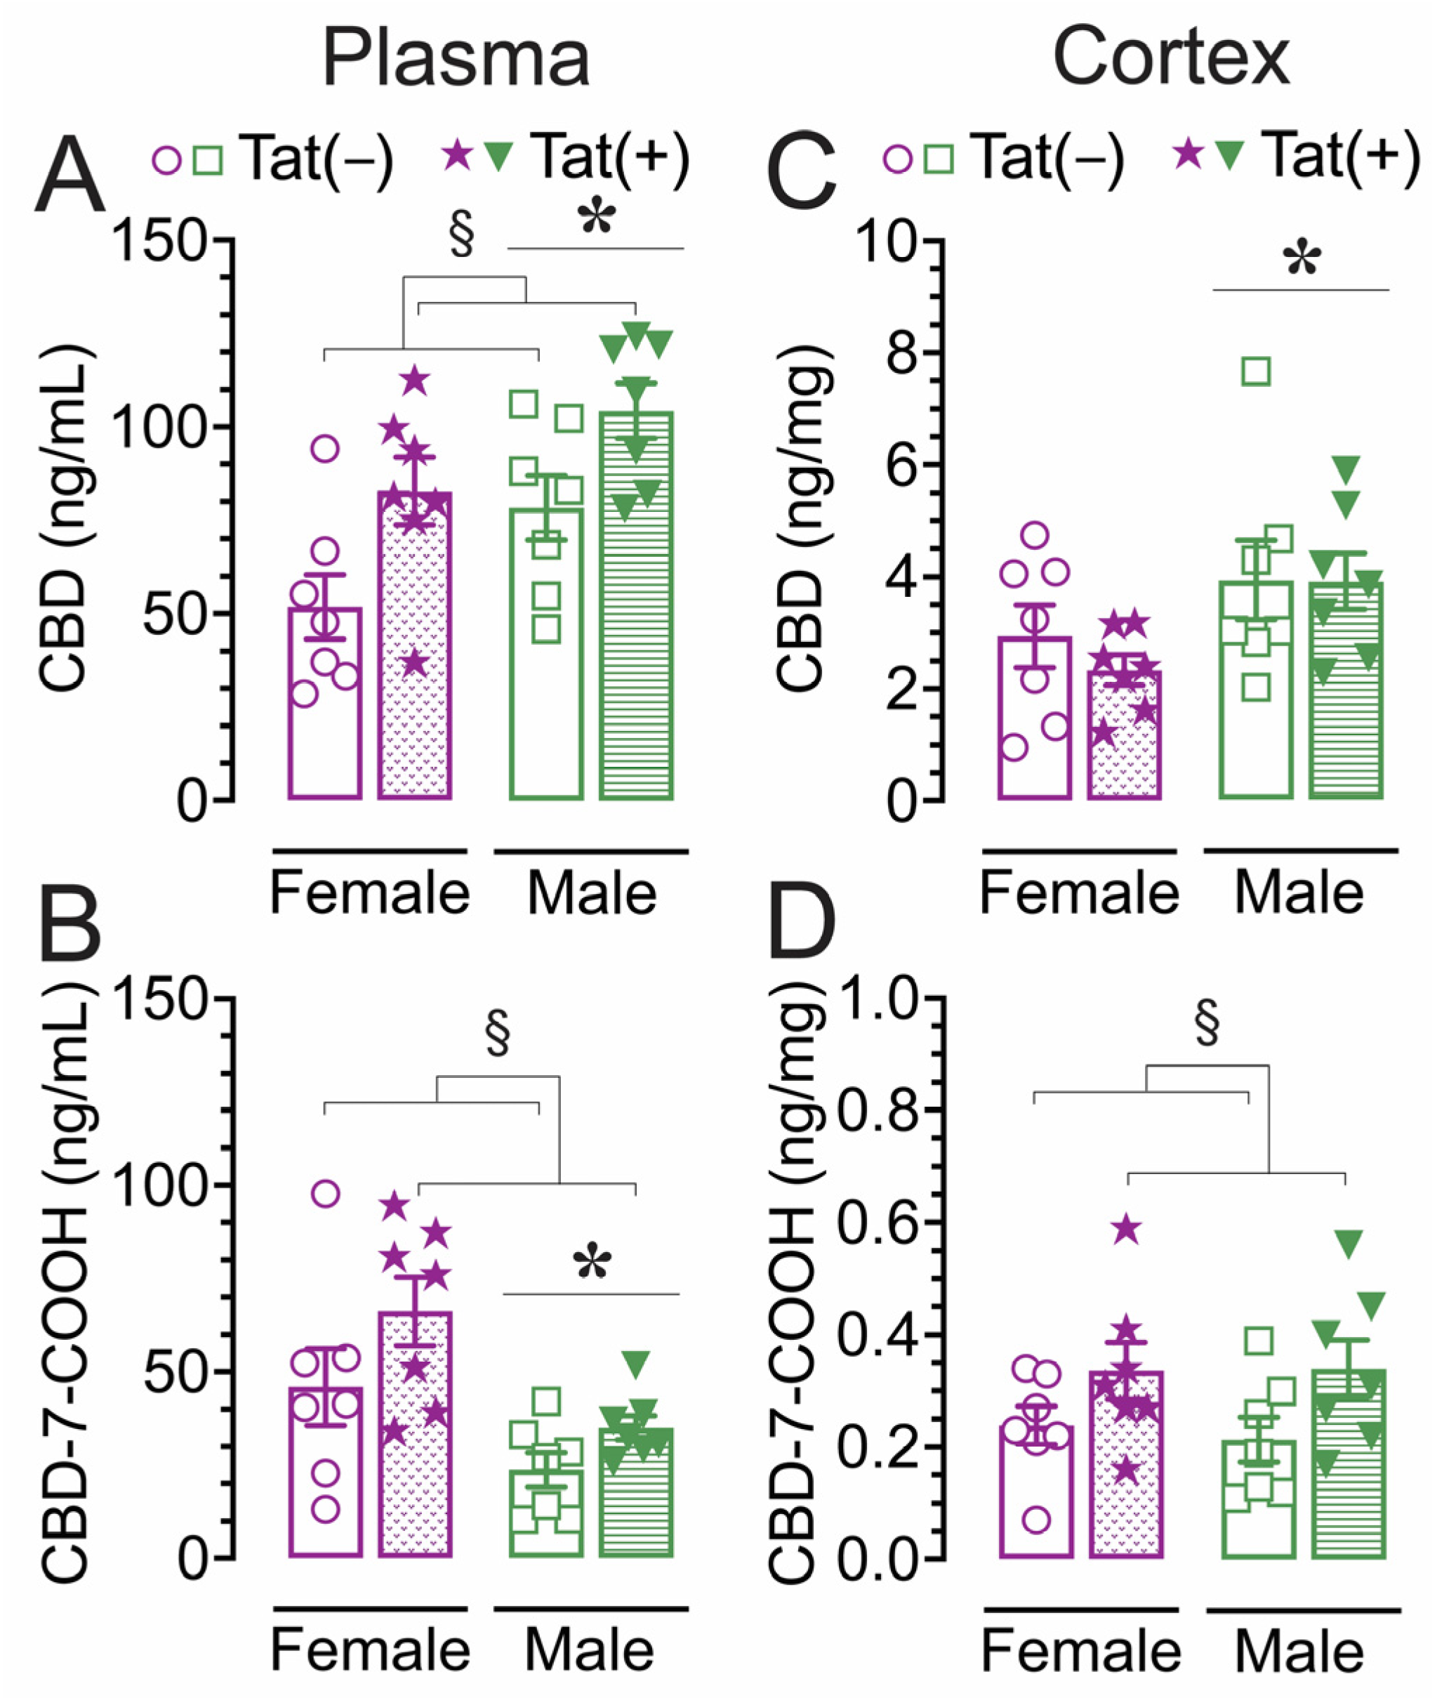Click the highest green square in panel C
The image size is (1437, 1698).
pos(1257,371)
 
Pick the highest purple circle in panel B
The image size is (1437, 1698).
pos(325,1194)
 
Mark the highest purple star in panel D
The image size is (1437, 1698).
pos(1127,1229)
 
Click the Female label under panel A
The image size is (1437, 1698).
pos(370,894)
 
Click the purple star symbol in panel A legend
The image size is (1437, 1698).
pos(458,154)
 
